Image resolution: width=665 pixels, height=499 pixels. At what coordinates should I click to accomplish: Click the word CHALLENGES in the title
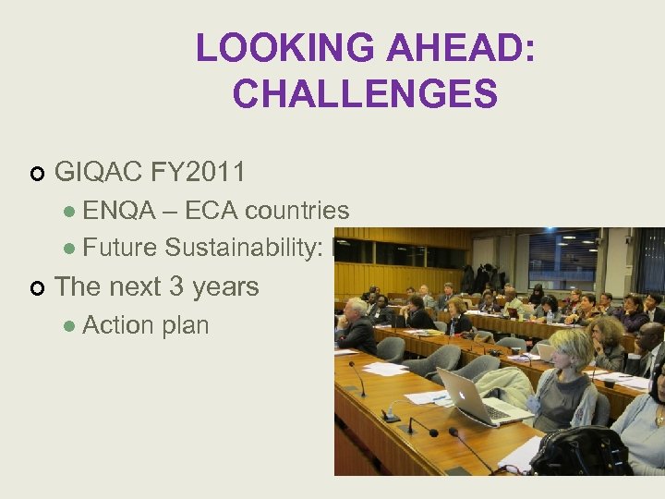365,93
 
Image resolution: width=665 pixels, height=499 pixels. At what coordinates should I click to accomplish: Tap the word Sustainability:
249,248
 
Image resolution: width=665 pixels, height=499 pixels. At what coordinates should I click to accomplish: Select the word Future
120,248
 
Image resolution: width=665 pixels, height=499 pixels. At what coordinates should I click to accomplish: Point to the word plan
186,325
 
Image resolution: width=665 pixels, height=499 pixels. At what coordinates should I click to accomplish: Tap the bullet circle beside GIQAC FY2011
37,173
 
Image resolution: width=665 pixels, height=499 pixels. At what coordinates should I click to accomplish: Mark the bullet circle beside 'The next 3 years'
37,288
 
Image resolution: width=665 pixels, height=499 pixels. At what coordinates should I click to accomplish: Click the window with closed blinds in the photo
649,259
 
